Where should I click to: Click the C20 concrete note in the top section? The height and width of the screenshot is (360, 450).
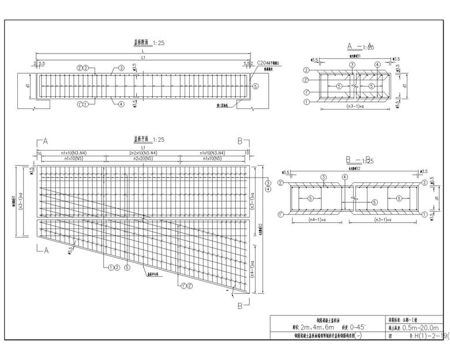[x=268, y=63]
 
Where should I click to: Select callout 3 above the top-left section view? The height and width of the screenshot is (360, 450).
[x=121, y=68]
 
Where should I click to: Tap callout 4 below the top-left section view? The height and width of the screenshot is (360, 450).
[x=121, y=104]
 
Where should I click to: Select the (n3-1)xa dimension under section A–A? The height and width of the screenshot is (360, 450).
[x=358, y=107]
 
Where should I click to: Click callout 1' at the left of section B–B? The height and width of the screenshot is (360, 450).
[x=281, y=214]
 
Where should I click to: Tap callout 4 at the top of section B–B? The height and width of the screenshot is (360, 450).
[x=344, y=177]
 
